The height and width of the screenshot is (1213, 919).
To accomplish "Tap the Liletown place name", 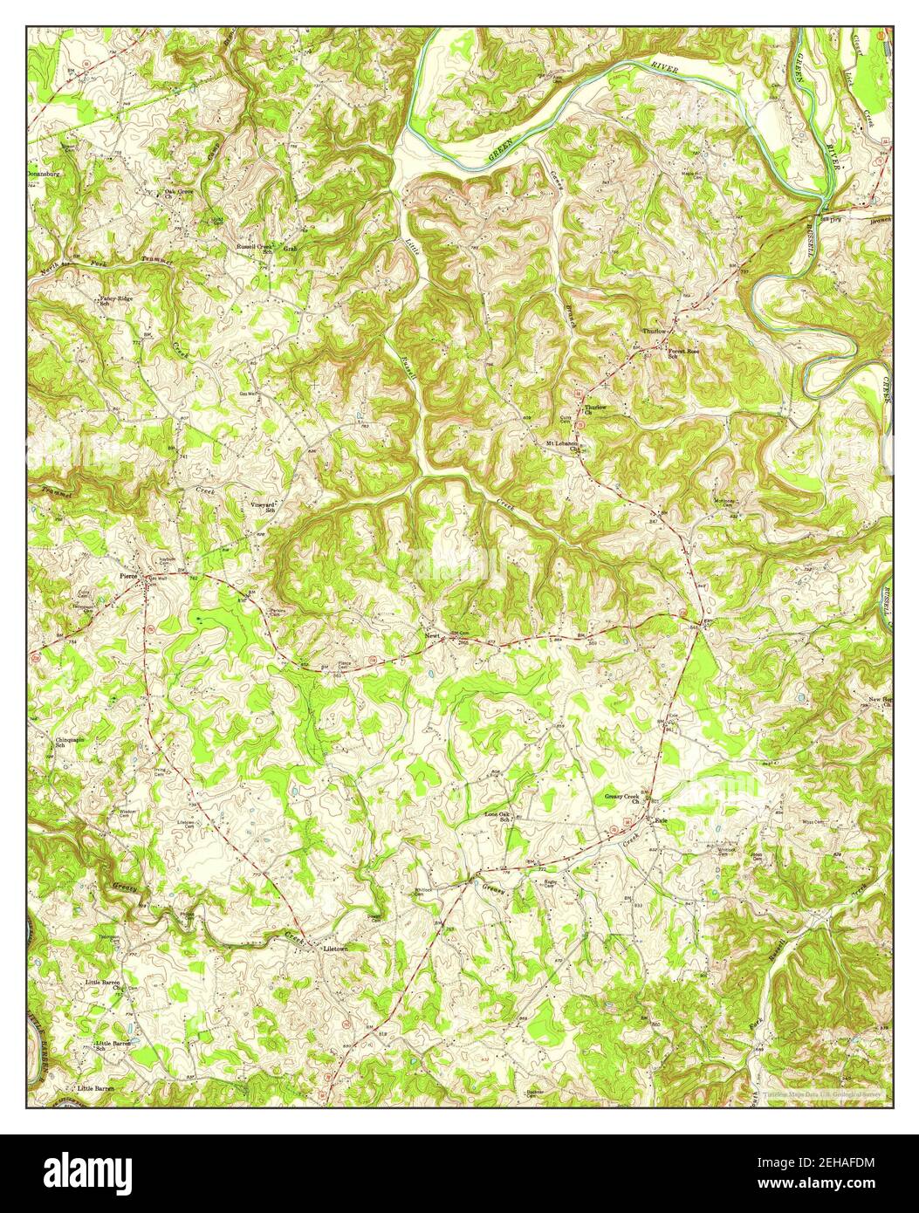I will click(x=336, y=948).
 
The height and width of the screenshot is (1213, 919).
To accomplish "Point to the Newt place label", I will click(x=432, y=635).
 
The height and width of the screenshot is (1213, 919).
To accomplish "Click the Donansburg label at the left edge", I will click(x=46, y=174).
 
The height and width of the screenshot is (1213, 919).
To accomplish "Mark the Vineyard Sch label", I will click(x=264, y=508).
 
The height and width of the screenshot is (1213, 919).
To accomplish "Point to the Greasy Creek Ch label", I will click(x=622, y=800).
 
